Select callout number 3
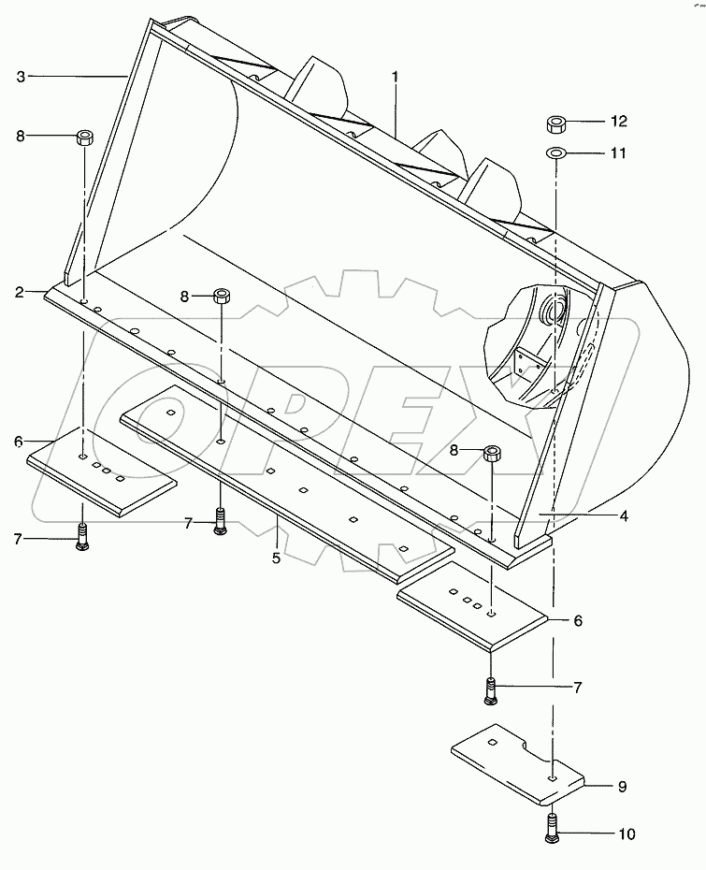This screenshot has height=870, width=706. point(21,76)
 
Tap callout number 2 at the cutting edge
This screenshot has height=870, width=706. point(20,292)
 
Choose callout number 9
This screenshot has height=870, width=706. point(622,788)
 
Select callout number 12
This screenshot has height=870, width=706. point(618,122)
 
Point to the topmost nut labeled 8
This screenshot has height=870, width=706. point(84,138)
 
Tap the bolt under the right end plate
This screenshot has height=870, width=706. point(492,689)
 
